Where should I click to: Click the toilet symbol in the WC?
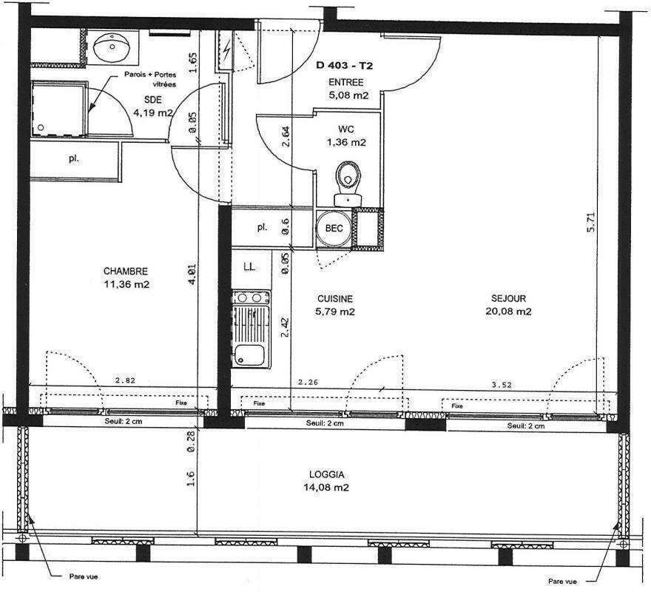click(348, 184)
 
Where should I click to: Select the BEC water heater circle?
click(334, 229)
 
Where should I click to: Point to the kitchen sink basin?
click(249, 356)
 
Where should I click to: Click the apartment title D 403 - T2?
click(344, 65)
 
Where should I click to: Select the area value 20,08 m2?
click(508, 312)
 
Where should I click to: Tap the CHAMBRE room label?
click(125, 272)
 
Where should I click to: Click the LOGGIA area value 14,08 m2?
click(326, 488)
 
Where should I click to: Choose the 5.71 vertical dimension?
click(591, 222)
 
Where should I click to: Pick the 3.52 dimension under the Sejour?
click(502, 385)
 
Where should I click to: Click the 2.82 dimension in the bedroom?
click(125, 380)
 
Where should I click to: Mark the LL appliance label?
click(249, 266)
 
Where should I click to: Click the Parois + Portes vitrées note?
click(150, 79)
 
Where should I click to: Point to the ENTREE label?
click(346, 82)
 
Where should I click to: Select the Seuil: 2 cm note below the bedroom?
click(124, 422)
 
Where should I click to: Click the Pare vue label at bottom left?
click(84, 576)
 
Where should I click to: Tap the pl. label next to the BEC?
click(262, 228)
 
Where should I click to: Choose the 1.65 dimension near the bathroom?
click(192, 62)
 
